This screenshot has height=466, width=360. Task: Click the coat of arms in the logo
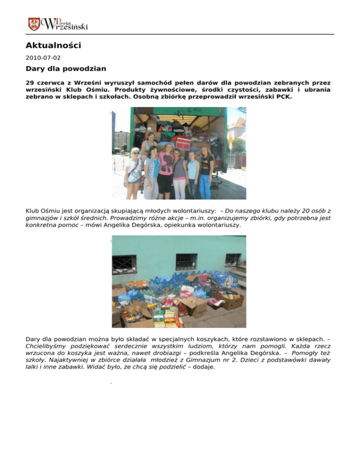click(34, 24)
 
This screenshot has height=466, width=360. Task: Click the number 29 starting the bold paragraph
click(30, 82)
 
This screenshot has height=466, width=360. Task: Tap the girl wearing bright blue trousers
click(206, 173)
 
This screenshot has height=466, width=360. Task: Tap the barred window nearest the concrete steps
click(233, 259)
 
